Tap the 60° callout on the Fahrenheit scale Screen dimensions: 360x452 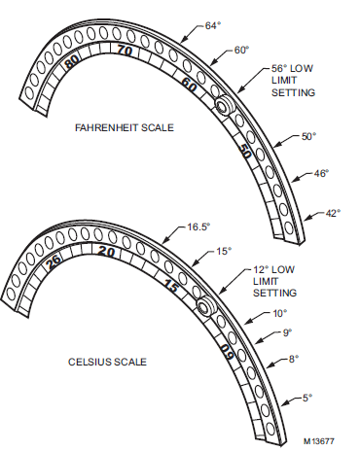coord(241,50)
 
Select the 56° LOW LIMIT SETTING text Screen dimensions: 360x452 coord(293,81)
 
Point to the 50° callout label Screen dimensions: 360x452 coord(308,136)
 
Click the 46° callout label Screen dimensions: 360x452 coord(321,173)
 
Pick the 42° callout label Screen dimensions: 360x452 coord(333,213)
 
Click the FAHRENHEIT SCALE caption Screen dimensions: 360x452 coord(125,127)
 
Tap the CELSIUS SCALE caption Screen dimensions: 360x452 coord(107,362)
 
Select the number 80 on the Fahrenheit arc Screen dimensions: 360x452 coord(72,62)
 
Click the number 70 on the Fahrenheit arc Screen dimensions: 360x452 coord(125,51)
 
